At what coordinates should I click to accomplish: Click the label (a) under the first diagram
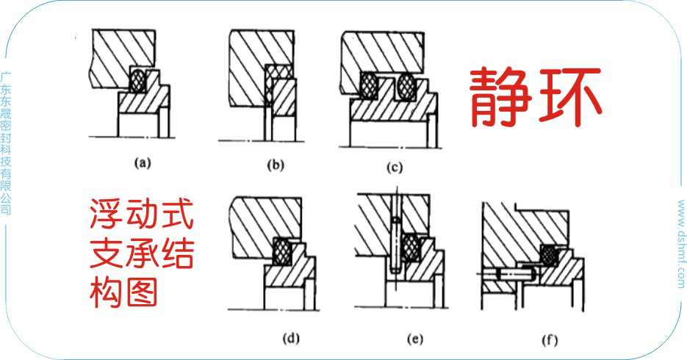pyautogui.click(x=142, y=163)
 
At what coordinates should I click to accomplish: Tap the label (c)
pyautogui.click(x=395, y=168)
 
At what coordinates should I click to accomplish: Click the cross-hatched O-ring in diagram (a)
pyautogui.click(x=136, y=81)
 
